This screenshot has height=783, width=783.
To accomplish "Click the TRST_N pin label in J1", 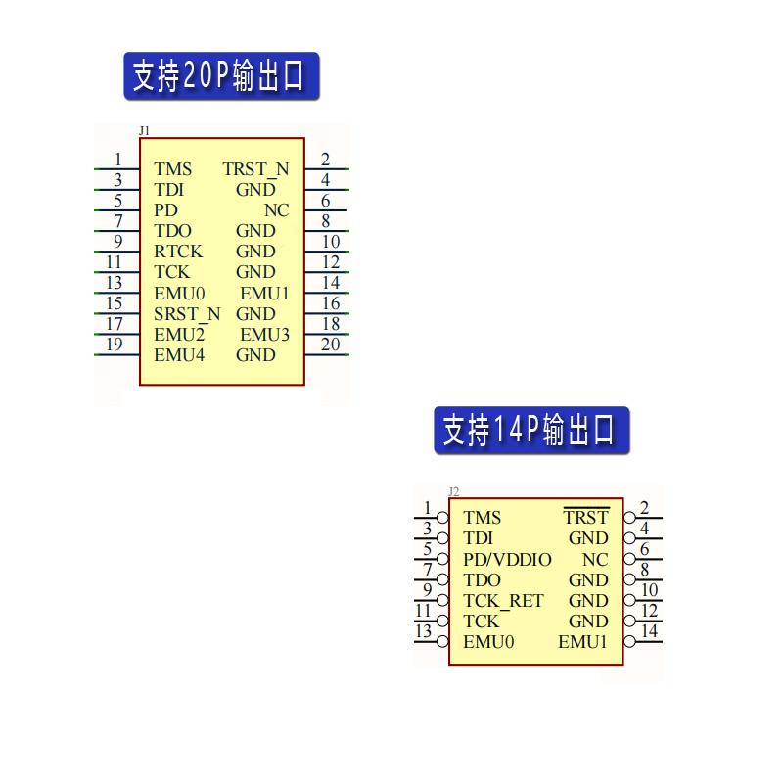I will click(255, 169).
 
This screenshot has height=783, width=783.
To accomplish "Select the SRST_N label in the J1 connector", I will click(187, 314).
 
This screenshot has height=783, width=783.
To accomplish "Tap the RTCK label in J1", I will click(178, 252).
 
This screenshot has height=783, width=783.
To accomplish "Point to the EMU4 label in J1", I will click(179, 355).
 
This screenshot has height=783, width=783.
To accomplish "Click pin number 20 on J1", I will click(331, 345).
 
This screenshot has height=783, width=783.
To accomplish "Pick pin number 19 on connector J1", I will click(115, 345).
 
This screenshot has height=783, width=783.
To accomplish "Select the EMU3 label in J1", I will click(265, 335).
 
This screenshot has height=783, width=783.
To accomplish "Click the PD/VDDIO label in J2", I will click(507, 560).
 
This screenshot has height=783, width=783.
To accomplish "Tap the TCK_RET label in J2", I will click(503, 601).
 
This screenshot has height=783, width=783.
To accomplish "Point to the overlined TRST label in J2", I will click(586, 518).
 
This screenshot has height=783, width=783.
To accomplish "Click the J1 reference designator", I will click(145, 130).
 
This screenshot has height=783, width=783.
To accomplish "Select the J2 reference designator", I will click(453, 491).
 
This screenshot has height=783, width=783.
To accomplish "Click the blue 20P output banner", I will click(221, 76).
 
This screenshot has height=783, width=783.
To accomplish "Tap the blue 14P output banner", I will click(531, 431).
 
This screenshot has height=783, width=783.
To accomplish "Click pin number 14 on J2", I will click(649, 632).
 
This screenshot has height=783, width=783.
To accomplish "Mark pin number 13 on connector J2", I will click(423, 632).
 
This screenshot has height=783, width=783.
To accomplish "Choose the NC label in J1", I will click(277, 210).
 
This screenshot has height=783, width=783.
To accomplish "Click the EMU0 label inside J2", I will click(488, 642).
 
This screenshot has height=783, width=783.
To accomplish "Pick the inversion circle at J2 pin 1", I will click(443, 518).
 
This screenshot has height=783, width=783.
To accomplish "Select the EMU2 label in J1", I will click(179, 335).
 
